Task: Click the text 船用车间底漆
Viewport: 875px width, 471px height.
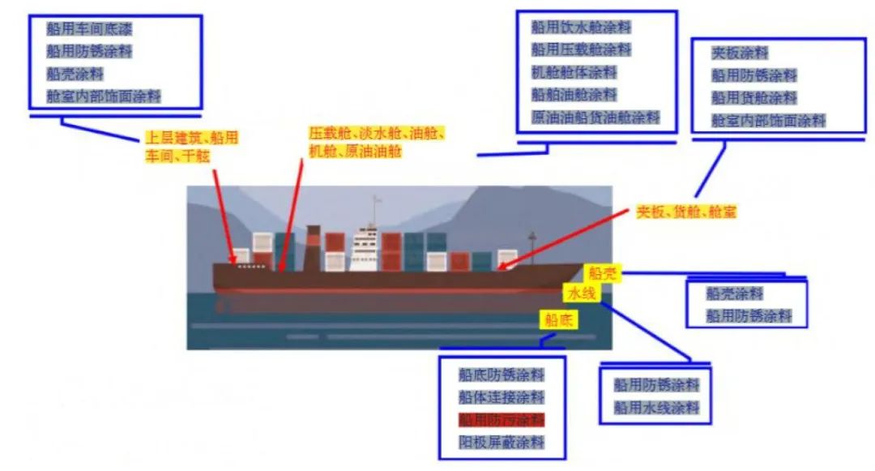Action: (89, 30)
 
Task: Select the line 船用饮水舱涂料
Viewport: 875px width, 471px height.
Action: (581, 27)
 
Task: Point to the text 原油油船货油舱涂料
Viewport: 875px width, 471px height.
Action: (595, 118)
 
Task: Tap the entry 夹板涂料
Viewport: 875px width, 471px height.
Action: (740, 53)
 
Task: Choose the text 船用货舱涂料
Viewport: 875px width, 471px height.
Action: (754, 98)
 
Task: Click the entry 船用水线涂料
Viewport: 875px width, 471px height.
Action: (655, 408)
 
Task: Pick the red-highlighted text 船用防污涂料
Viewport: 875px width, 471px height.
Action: (501, 420)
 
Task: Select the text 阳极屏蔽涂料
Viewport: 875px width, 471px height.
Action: (501, 443)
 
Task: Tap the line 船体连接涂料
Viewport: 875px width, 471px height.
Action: (501, 397)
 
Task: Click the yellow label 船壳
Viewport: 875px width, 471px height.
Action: (603, 273)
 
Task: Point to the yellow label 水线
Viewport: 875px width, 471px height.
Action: (582, 293)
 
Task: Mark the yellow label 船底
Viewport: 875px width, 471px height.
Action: (559, 319)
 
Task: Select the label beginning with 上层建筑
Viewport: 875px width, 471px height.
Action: (192, 146)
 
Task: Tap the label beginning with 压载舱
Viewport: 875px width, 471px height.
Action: (377, 142)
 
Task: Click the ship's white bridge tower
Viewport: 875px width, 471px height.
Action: (365, 248)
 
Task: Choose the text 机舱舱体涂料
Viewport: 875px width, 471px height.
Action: (574, 72)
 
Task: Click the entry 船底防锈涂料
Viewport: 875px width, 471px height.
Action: (501, 375)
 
